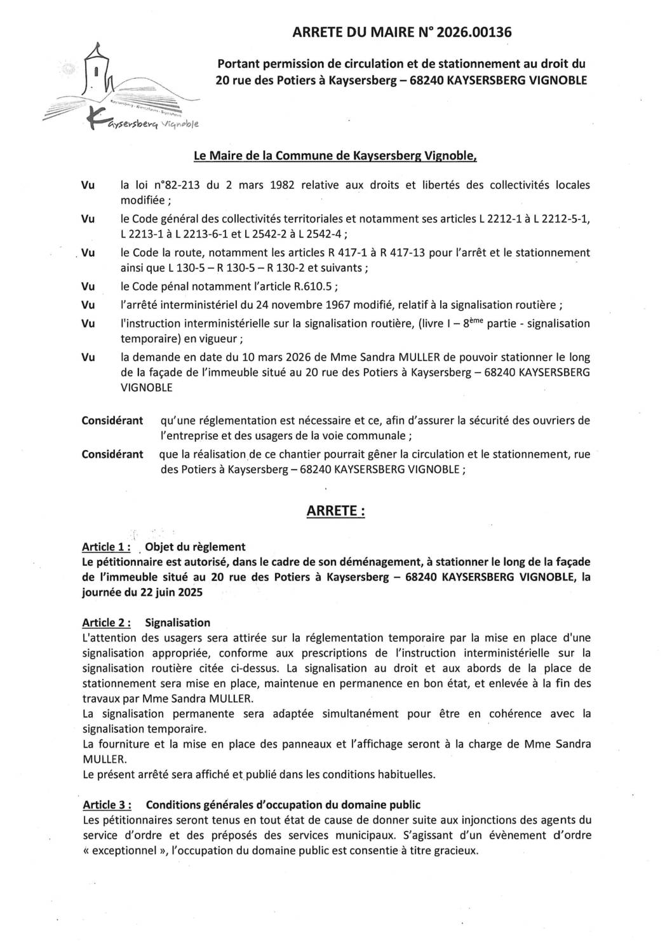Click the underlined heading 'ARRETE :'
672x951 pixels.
tap(335, 511)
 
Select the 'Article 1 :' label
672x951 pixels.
tap(107, 547)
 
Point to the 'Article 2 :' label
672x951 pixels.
tap(107, 622)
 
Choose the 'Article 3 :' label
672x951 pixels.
tap(107, 805)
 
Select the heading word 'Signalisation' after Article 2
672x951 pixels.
tap(177, 622)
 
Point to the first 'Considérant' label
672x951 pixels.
tap(112, 421)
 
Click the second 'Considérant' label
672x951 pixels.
tap(112, 454)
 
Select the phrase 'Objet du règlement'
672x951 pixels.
tap(195, 547)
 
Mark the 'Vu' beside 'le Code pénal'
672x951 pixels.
tap(88, 287)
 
